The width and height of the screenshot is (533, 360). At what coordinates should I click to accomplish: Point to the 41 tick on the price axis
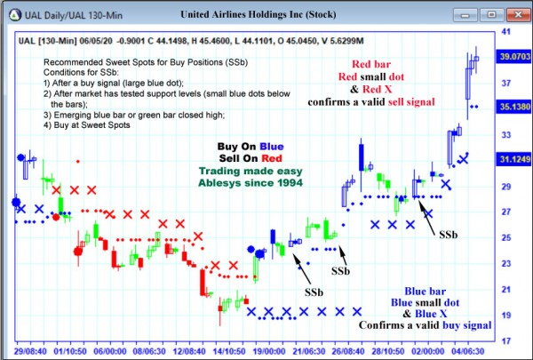click(505, 31)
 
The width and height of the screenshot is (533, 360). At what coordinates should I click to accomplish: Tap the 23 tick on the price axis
click(505, 264)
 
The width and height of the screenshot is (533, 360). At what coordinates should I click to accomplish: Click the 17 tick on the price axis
click(505, 341)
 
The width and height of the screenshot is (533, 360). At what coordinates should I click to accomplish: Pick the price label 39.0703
click(513, 55)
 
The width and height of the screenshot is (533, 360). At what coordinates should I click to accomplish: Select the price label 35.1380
click(513, 106)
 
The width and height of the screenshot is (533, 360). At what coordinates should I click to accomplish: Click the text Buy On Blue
click(251, 147)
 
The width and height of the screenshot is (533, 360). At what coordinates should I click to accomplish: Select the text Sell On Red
click(251, 159)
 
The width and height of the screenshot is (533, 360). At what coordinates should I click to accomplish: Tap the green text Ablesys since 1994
click(251, 184)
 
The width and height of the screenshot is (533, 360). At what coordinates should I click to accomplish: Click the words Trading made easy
click(251, 172)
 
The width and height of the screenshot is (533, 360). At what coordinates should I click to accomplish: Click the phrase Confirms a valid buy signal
click(425, 326)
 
